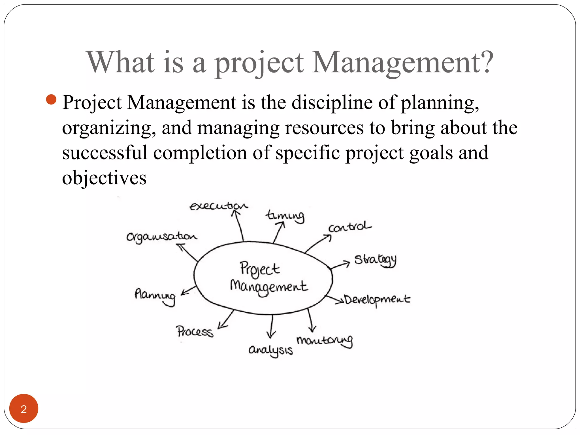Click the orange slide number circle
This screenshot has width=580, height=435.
click(24, 408)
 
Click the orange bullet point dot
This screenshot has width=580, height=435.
click(51, 99)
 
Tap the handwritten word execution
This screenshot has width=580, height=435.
click(218, 206)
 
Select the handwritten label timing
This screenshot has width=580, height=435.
click(285, 216)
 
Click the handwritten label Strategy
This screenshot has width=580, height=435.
click(376, 260)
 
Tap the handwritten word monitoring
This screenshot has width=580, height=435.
click(325, 340)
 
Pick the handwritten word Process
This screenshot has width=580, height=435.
click(195, 332)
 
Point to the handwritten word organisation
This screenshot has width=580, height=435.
click(161, 237)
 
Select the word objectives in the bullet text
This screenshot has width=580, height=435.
click(104, 178)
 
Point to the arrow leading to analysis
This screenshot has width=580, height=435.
click(272, 326)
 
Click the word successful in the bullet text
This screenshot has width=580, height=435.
click(105, 153)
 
